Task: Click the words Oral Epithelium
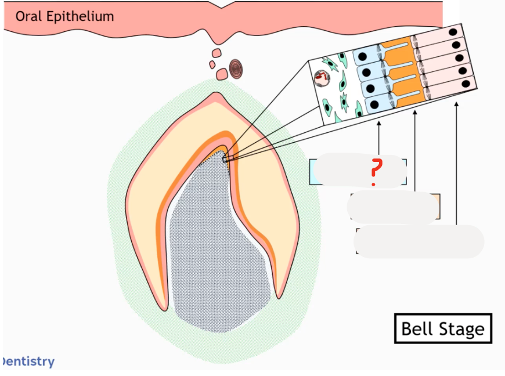[64, 16]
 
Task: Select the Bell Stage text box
[442, 329]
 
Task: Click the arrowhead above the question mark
[378, 123]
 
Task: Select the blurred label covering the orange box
[392, 208]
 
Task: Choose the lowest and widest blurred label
[419, 241]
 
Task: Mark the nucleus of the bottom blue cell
[374, 104]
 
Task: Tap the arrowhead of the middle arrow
[415, 112]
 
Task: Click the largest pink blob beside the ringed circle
[222, 74]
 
